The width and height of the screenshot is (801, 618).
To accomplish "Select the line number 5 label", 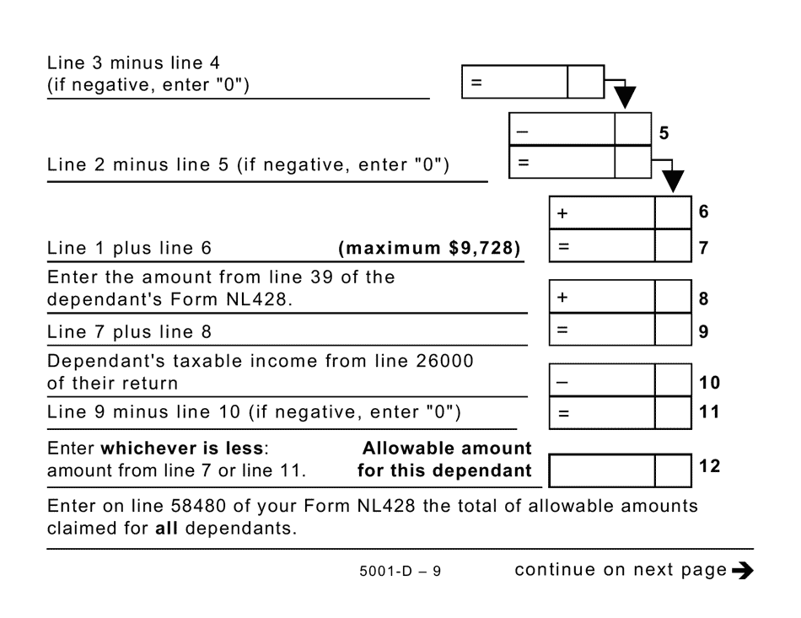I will point(664,132).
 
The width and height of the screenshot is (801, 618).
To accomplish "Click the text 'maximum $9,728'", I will point(429,249).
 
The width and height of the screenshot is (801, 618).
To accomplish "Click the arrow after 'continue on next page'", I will point(743,570).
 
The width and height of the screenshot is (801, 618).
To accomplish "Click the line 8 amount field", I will point(602,298).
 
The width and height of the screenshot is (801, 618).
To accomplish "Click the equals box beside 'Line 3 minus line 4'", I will point(515,83).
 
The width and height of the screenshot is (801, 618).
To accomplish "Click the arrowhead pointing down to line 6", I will point(672,181).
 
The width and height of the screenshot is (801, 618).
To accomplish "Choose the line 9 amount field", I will point(602,330).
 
